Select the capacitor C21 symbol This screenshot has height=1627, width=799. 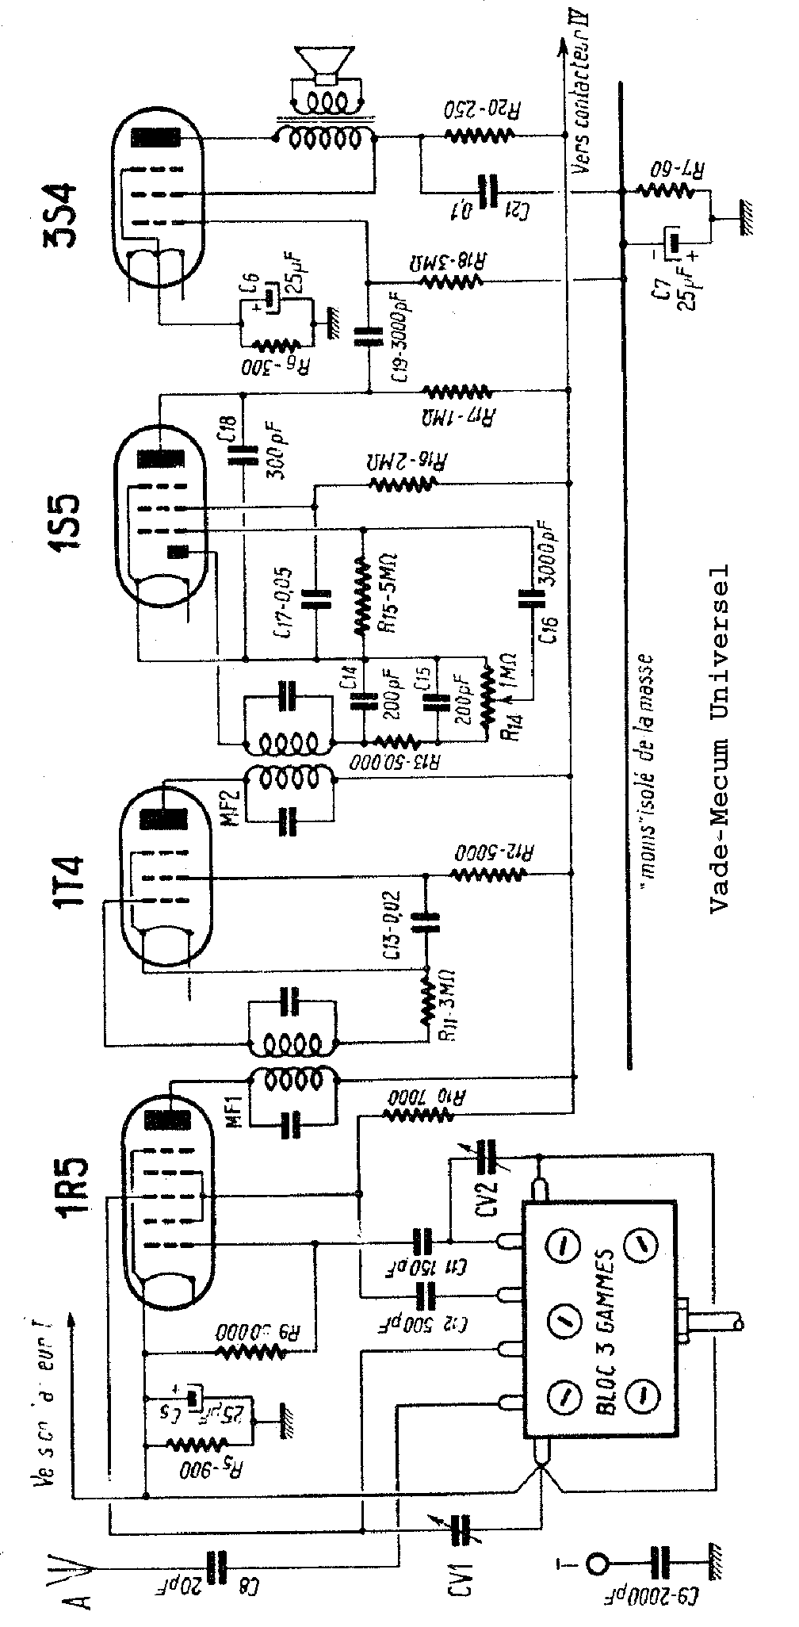point(486,191)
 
